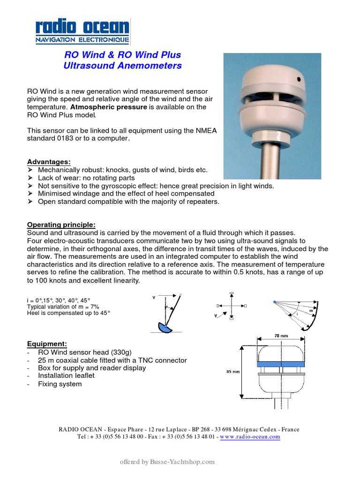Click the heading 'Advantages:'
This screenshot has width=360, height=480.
49,162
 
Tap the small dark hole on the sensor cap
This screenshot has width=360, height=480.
299,80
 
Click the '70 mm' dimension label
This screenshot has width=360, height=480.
281,336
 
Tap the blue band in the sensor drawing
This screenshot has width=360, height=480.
280,364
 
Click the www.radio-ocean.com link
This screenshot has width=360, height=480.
249,436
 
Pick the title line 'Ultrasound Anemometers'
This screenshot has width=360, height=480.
122,66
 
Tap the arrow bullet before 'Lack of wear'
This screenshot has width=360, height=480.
30,178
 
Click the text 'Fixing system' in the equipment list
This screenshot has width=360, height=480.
60,384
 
